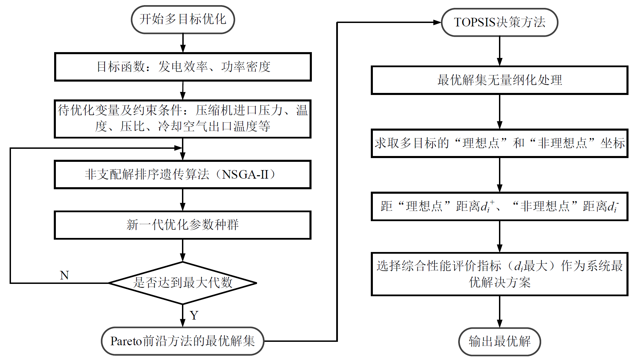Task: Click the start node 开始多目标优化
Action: (183, 20)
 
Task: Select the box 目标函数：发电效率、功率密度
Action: (183, 67)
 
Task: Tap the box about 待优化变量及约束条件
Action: (183, 119)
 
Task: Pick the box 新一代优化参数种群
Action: (183, 225)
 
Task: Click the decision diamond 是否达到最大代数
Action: (183, 283)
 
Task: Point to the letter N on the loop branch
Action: (64, 275)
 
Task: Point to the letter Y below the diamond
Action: (194, 315)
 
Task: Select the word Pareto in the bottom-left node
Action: (126, 341)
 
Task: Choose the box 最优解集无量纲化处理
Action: (499, 80)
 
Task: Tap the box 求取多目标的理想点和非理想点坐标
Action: (499, 143)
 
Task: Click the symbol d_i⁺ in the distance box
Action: (487, 206)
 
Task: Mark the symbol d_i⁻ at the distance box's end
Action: (613, 206)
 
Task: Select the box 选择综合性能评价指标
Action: (499, 274)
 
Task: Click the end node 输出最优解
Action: (499, 341)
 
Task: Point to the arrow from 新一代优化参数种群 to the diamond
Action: (183, 250)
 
